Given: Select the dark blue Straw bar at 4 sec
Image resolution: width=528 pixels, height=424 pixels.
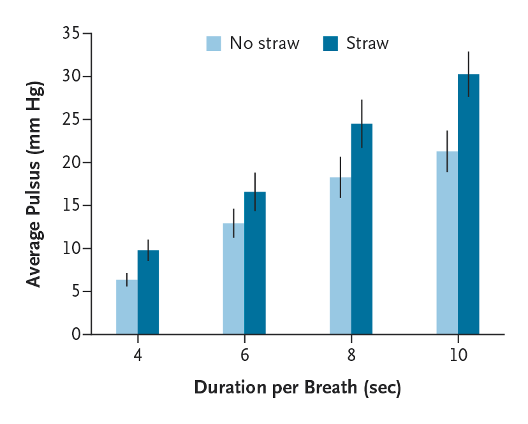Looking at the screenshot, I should coord(148,292).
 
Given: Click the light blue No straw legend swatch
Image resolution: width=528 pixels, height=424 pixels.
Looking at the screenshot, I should coord(214,44).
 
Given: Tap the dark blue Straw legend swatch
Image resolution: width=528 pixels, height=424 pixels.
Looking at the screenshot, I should coord(331,44).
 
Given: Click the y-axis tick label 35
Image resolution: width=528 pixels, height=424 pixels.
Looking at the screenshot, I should coord(71,33).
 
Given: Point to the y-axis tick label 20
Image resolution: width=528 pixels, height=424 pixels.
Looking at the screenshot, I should coord(71,162).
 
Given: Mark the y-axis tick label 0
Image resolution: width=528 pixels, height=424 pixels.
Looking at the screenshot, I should coord(76,334).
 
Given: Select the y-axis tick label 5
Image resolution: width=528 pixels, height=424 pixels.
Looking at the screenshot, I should coord(76,292).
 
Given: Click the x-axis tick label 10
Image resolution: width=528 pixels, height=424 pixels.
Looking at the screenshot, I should coord(458,355).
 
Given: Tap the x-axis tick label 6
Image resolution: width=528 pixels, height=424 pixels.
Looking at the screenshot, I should coord(244,355).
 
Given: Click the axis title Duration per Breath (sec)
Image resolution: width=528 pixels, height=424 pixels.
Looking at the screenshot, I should coord(297,388).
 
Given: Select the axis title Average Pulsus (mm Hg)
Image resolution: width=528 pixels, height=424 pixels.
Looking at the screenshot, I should coord(34,185).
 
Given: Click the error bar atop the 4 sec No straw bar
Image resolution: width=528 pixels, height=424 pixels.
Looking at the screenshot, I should coord(127,279).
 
